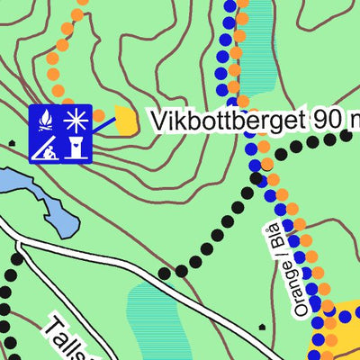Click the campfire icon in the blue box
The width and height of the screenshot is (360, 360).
(x=45, y=118)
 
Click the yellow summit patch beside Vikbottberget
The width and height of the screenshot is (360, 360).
(x=126, y=121)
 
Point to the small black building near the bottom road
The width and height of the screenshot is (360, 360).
(x=261, y=327)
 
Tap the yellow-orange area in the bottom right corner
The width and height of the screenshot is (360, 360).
(x=337, y=337)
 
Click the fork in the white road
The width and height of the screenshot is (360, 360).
(x=20, y=245)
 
